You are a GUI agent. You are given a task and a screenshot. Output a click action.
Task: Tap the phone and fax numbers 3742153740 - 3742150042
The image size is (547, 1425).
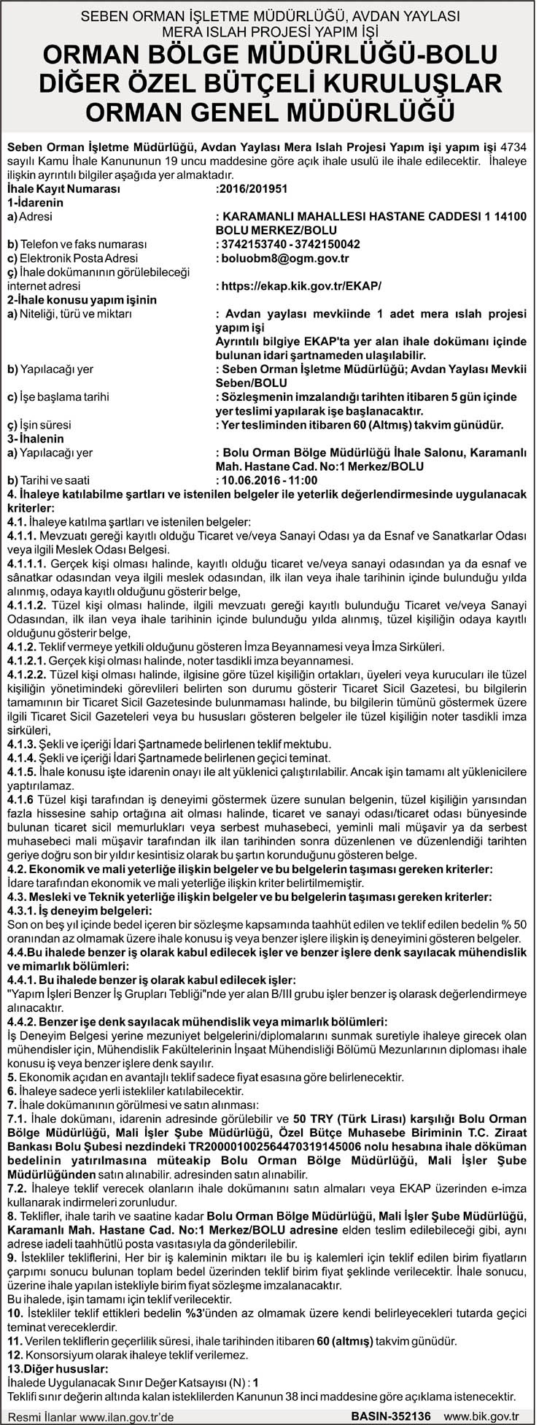tap(290, 244)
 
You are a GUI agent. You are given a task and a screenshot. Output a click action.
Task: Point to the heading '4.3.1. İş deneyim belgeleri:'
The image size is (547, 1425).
tap(79, 911)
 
